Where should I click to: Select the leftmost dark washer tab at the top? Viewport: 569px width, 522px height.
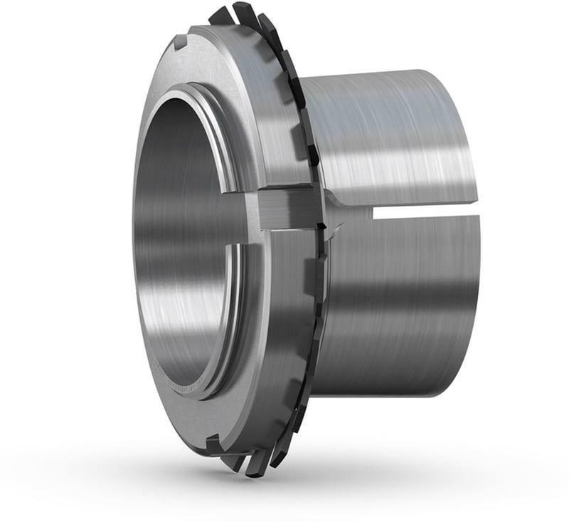pos(220,16)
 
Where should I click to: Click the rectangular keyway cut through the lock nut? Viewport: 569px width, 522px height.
pos(288,207)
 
